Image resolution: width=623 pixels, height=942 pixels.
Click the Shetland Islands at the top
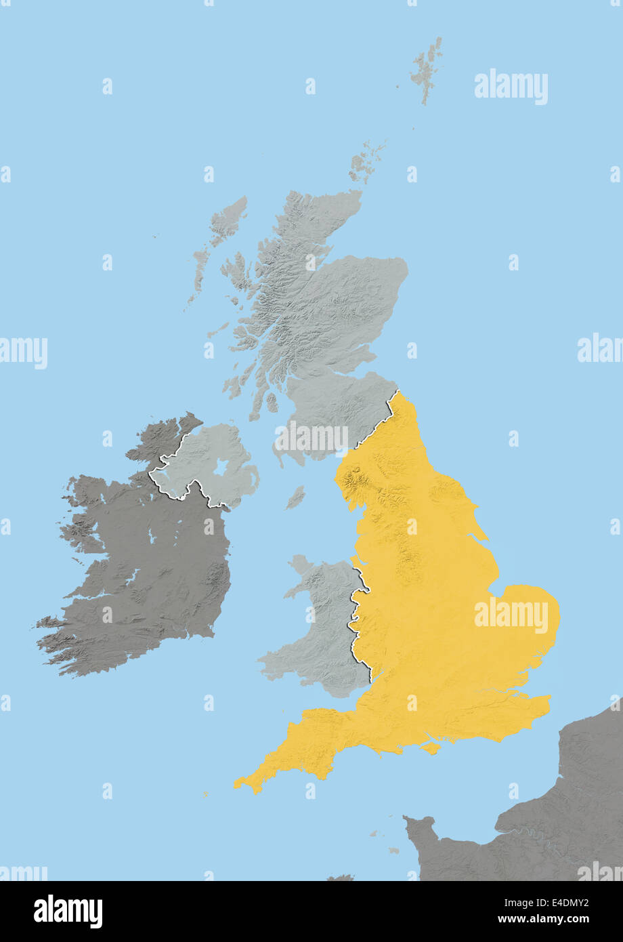[427, 68]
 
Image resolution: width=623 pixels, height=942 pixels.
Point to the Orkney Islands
[366, 163]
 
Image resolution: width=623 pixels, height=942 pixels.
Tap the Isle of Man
[295, 497]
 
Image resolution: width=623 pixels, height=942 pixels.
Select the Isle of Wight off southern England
[430, 748]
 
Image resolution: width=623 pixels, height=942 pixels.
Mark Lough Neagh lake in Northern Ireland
[221, 468]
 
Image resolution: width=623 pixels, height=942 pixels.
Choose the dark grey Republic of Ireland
[149, 569]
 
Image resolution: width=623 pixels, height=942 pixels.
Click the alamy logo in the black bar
[68, 911]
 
